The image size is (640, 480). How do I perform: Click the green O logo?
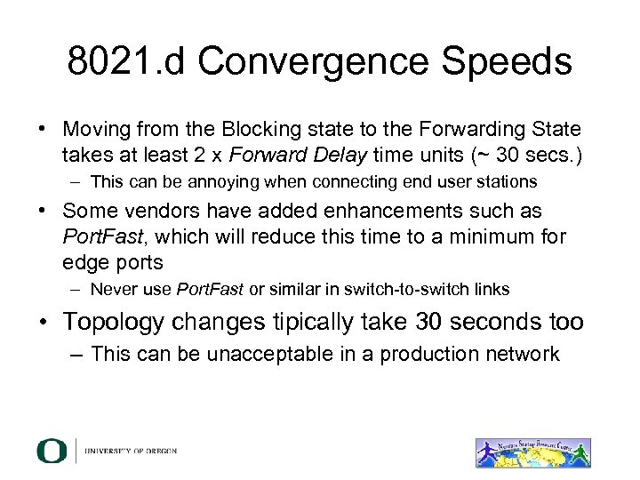tap(52, 451)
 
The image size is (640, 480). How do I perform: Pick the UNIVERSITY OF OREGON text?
tap(132, 451)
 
